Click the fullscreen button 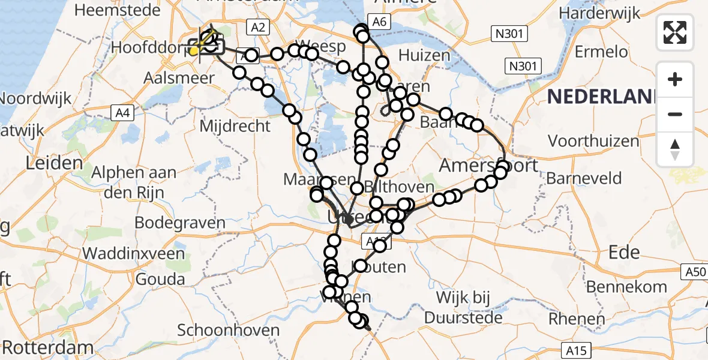click(x=675, y=32)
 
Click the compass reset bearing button click(x=675, y=149)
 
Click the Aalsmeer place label click(x=179, y=79)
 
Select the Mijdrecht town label click(x=235, y=127)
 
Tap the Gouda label click(x=160, y=280)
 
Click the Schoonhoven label click(x=229, y=331)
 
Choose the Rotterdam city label click(x=48, y=348)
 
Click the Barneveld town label click(x=584, y=178)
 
